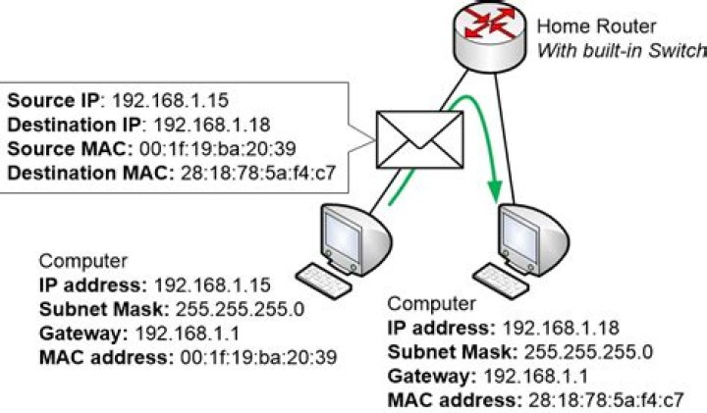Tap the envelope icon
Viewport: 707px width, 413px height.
pos(419,137)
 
